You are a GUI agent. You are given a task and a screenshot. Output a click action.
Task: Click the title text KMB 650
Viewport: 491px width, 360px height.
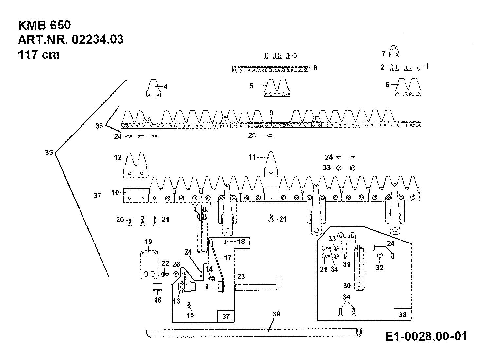44,25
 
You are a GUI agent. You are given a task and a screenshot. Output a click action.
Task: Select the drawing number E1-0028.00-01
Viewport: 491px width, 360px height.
426,336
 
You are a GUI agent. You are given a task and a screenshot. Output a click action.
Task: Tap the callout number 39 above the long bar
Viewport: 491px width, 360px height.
276,314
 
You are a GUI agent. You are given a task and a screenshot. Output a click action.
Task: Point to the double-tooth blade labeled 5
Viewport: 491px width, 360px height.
277,87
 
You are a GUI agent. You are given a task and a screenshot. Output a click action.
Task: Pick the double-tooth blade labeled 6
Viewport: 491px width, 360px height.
408,87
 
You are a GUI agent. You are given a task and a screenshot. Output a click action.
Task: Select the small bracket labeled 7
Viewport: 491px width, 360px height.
394,51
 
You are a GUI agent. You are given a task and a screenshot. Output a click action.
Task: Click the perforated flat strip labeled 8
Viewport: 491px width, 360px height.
270,69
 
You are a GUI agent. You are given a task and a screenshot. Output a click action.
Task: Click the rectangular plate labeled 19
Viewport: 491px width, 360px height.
149,265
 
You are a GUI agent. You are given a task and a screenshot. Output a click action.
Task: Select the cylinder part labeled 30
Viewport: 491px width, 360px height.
359,269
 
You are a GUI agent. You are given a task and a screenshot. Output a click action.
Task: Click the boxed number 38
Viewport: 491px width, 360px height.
402,315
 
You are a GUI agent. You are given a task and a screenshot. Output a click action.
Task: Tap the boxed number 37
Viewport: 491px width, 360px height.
226,316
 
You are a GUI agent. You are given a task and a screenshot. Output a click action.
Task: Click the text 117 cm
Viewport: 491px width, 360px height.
39,55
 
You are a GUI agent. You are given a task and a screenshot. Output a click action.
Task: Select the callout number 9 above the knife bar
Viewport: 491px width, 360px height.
271,113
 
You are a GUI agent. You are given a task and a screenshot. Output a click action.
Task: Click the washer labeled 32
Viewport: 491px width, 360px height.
380,255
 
